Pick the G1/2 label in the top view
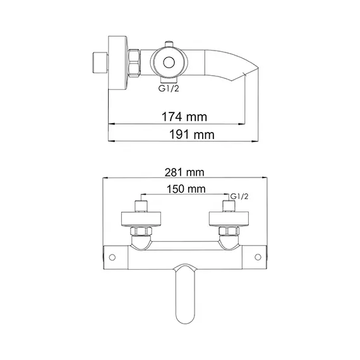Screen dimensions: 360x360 [x=239, y=196]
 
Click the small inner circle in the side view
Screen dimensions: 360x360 [x=169, y=63]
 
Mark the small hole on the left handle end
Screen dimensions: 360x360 [x=112, y=256]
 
